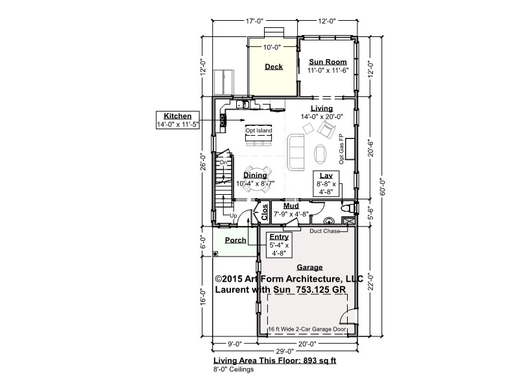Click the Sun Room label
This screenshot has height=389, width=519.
tap(328, 62)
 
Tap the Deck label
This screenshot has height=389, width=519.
tap(274, 67)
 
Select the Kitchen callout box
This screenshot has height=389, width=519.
tap(178, 120)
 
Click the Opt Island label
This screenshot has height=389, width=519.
tap(259, 131)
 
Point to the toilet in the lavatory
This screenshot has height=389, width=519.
tap(348, 208)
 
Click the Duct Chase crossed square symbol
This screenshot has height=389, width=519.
tap(348, 221)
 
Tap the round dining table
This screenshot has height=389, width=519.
tap(256, 179)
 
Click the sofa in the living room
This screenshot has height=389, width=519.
tap(296, 152)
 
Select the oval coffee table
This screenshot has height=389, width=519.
tap(320, 154)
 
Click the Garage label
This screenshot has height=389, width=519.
tap(309, 268)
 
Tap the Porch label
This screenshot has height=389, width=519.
tap(235, 240)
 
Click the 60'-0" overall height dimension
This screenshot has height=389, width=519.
tap(383, 187)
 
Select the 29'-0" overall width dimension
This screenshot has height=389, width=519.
tap(285, 351)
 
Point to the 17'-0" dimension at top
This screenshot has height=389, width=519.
tap(254, 21)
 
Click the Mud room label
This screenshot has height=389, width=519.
tap(291, 206)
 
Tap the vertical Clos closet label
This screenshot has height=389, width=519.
tap(265, 212)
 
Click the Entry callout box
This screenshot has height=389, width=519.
tap(279, 245)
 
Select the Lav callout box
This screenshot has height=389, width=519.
tap(326, 184)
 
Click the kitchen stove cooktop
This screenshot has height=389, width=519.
tap(223, 120)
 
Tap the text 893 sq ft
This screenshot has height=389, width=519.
tap(319, 361)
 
